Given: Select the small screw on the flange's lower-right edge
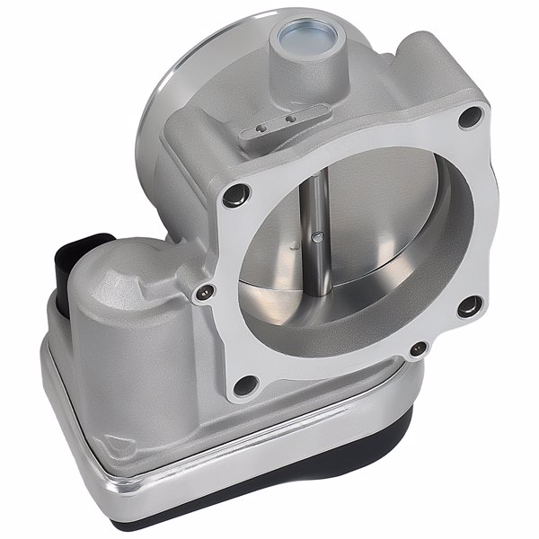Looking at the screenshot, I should pyautogui.click(x=415, y=349).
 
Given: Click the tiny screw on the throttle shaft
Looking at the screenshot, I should pyautogui.click(x=317, y=237).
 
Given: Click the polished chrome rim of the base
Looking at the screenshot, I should pyautogui.click(x=180, y=467).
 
